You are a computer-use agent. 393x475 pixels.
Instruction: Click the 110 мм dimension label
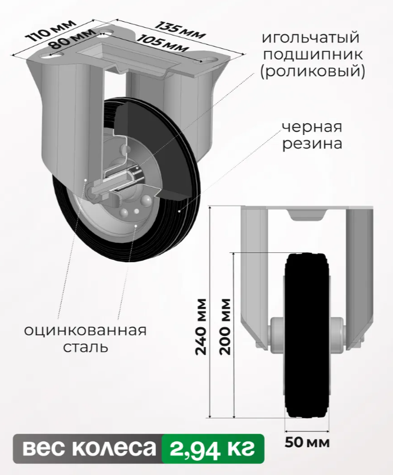51,31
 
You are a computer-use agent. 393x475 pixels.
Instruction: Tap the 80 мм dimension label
72,39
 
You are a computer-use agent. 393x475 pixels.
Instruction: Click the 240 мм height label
201,327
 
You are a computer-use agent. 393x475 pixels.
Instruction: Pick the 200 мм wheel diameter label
225,327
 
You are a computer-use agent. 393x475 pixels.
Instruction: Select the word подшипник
313,55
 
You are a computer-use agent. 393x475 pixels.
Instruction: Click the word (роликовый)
312,72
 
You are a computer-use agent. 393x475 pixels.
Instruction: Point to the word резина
312,144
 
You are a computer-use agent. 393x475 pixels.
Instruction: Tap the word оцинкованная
85,330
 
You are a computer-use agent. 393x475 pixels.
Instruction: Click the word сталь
85,347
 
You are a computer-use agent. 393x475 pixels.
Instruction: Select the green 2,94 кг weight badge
213,448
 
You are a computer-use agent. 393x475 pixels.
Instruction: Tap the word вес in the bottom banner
44,448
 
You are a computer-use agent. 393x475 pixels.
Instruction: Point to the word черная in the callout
312,127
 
